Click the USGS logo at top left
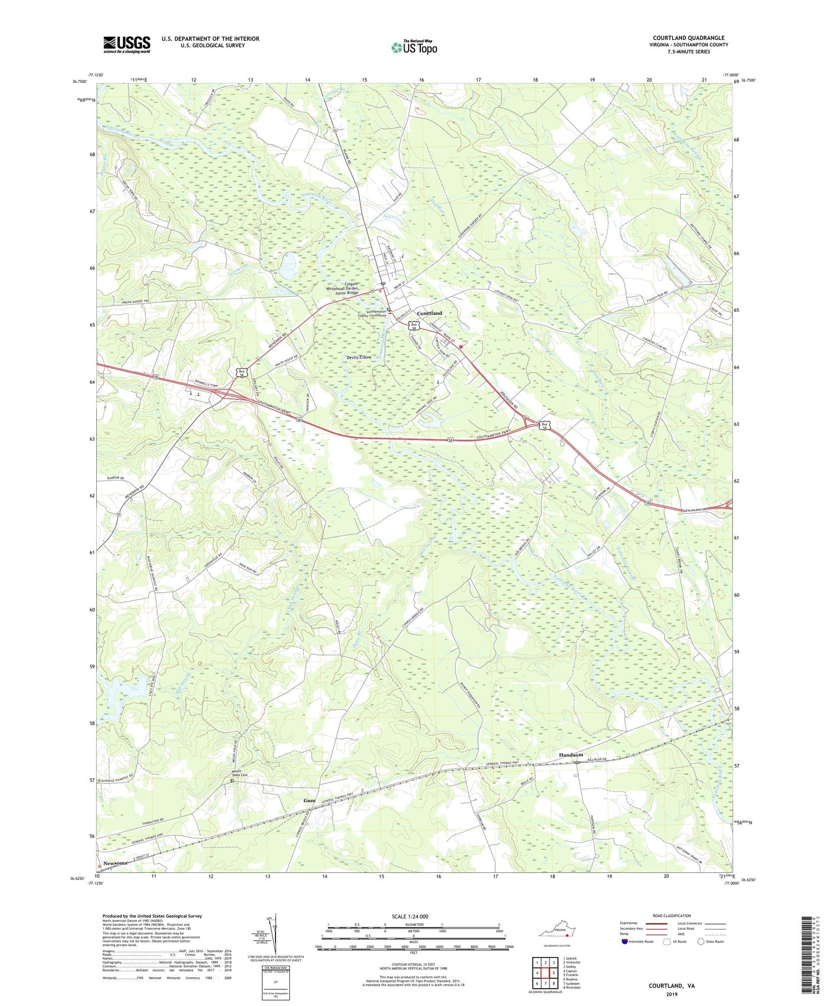tap(127, 44)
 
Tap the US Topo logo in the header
tap(414, 47)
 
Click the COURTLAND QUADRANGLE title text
tap(688, 38)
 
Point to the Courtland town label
tap(429, 313)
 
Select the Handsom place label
tap(571, 755)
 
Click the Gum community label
tap(310, 801)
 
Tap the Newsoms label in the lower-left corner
tap(115, 863)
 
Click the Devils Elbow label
tap(359, 357)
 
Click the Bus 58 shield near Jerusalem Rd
tap(545, 425)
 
